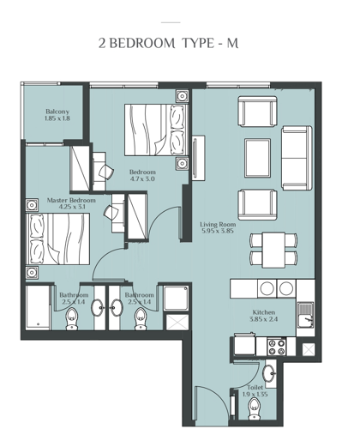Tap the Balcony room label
(x=57, y=112)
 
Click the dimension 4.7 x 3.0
(x=142, y=178)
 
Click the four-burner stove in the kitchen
(x=276, y=347)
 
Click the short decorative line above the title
(x=171, y=22)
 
